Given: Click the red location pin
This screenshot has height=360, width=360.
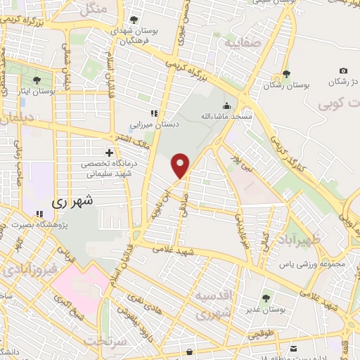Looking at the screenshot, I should point(181,165).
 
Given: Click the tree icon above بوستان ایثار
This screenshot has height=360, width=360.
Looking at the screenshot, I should point(37,81).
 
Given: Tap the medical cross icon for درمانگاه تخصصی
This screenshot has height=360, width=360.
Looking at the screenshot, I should point(109,152).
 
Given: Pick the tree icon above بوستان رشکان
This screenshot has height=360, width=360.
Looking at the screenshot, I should point(285,75).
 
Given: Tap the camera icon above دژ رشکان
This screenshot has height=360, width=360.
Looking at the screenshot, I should point(343,70).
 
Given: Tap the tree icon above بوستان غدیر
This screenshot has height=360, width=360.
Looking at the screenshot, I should point(266,298).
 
